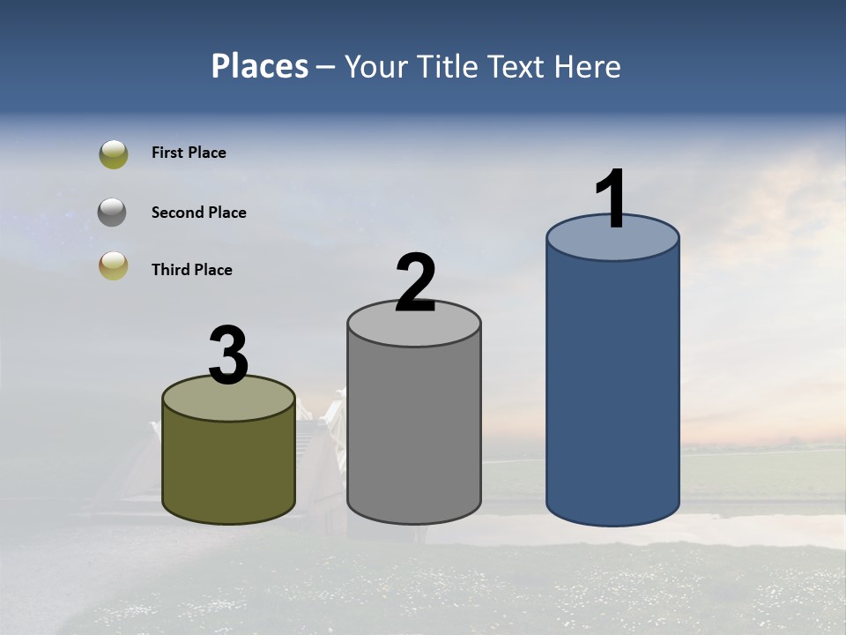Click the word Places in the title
(x=260, y=66)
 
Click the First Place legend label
(x=189, y=153)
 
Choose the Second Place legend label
(x=198, y=213)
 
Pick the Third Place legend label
(x=191, y=270)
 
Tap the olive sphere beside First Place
(x=114, y=154)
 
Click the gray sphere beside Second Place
(x=113, y=213)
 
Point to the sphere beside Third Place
(x=114, y=265)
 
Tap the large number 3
(x=228, y=356)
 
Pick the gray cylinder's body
(x=414, y=432)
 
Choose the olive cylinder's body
(x=228, y=467)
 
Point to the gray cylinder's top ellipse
(x=414, y=329)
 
